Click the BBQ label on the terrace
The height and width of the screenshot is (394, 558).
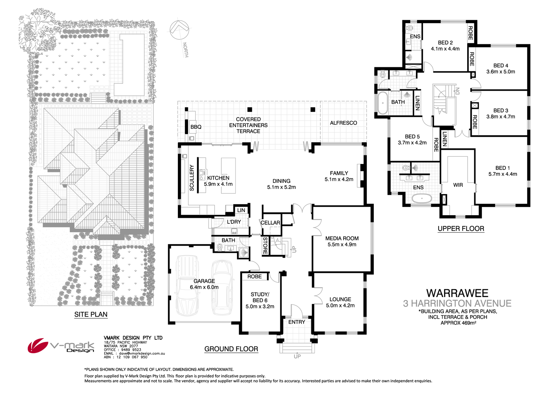(196, 127)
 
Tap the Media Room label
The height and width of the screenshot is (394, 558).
(341, 238)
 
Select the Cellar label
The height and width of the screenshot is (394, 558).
(270, 223)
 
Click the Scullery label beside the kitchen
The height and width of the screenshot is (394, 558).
(192, 178)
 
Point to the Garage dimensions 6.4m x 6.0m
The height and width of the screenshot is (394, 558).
(204, 287)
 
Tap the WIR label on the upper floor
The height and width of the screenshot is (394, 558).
(458, 185)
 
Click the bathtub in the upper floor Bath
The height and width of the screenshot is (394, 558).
(382, 103)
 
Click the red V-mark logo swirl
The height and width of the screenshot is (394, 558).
(38, 345)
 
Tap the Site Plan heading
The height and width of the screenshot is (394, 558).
(91, 314)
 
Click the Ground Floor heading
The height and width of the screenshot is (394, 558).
(231, 349)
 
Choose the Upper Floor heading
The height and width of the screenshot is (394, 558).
(461, 229)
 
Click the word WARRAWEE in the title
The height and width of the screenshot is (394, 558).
(457, 294)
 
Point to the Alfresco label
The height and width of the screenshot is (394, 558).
(343, 123)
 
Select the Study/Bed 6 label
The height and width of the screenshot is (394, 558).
(260, 297)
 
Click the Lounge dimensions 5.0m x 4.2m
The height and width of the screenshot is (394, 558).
(340, 306)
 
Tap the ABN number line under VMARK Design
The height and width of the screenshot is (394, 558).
(126, 357)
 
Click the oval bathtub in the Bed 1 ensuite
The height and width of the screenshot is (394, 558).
(421, 198)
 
